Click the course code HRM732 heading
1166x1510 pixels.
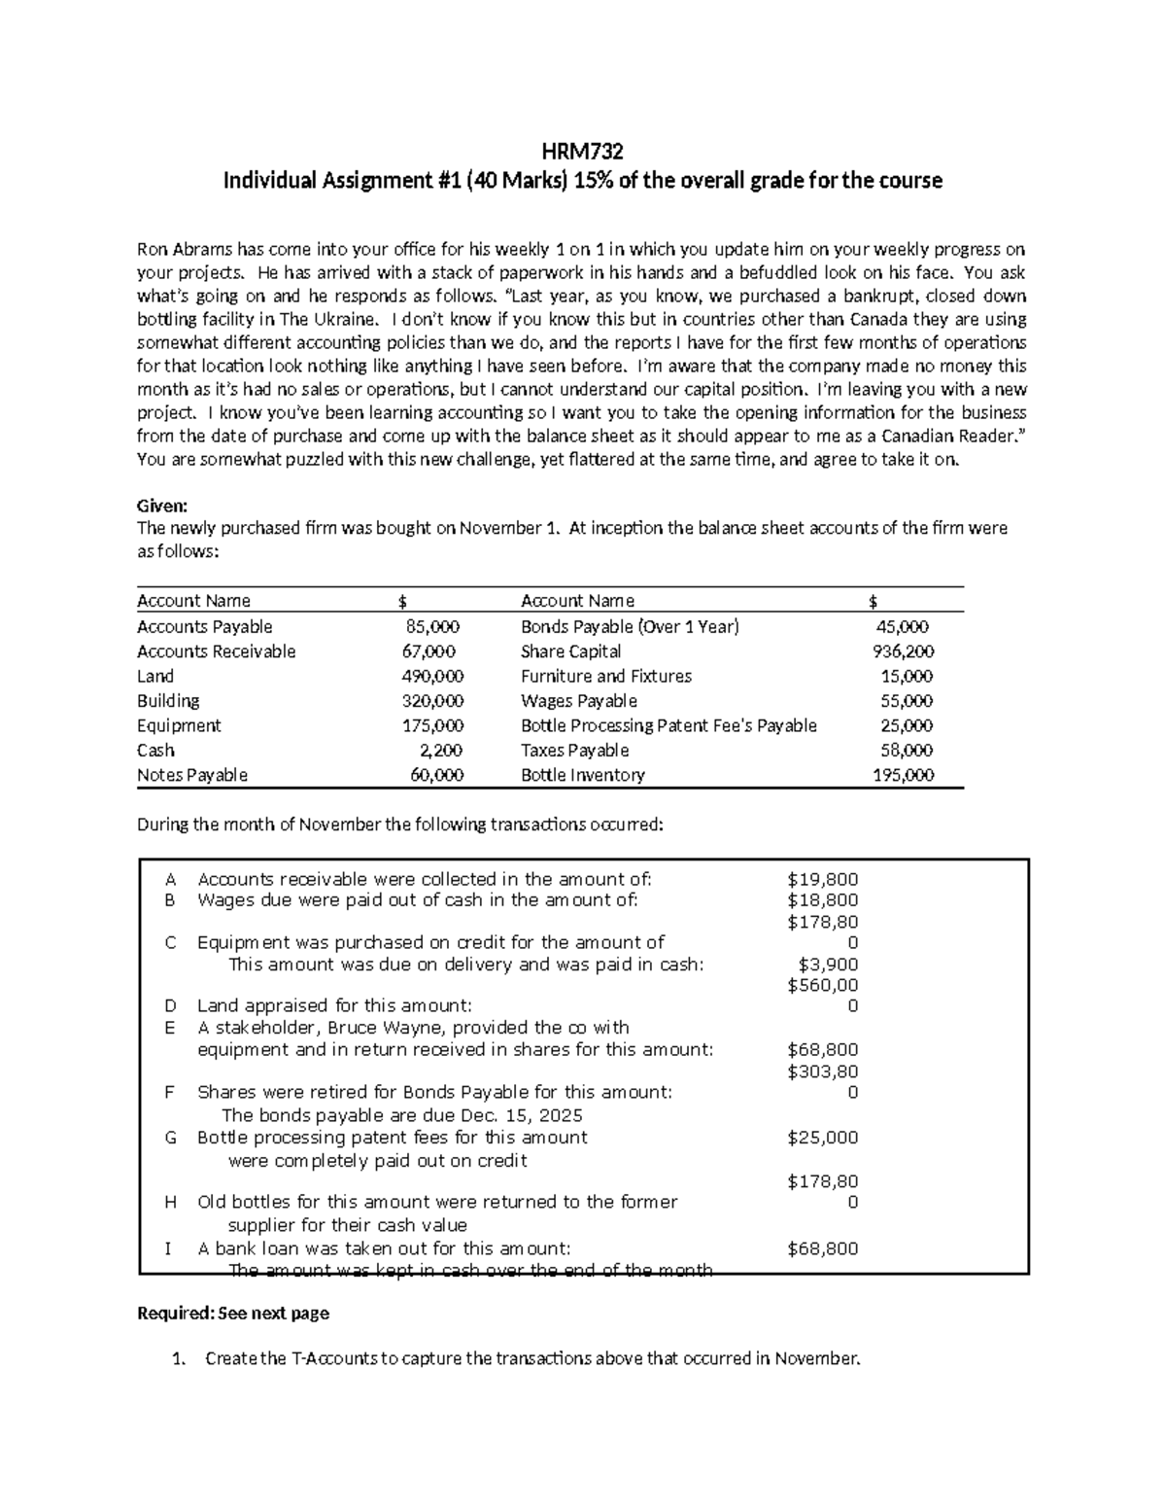[x=582, y=152]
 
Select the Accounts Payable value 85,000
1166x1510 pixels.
[x=432, y=627]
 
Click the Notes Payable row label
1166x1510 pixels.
[x=192, y=775]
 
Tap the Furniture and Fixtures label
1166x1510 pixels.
[x=605, y=676]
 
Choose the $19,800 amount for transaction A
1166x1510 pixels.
[x=822, y=879]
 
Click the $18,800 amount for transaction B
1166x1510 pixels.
[x=822, y=900]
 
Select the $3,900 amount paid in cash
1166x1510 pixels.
[x=828, y=965]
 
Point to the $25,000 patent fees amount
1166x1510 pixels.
[x=822, y=1138]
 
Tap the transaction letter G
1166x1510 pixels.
[x=170, y=1138]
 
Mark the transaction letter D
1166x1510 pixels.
[x=170, y=1006]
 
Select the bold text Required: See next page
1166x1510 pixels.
[x=233, y=1313]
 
